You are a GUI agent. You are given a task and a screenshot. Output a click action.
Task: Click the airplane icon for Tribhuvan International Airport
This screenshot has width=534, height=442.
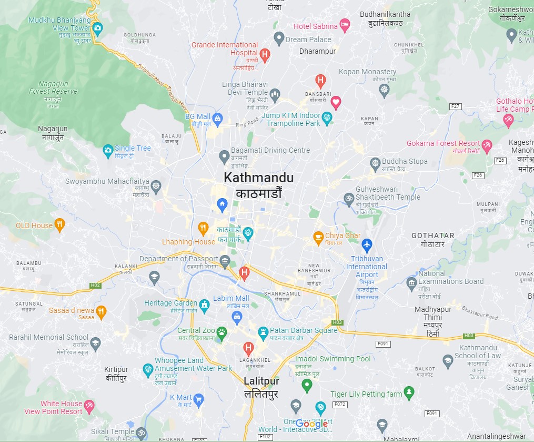[x=367, y=244]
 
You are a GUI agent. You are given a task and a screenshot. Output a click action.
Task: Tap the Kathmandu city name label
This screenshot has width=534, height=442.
[x=258, y=178]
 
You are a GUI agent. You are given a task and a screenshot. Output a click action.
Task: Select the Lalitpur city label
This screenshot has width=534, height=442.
[x=261, y=381]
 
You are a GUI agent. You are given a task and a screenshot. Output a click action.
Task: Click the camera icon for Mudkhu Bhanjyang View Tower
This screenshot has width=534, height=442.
[x=97, y=28]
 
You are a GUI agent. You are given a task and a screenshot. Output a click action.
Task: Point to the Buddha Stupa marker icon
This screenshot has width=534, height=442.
[x=375, y=162]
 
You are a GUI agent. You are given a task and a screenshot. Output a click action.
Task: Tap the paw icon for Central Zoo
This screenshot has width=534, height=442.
[x=222, y=332]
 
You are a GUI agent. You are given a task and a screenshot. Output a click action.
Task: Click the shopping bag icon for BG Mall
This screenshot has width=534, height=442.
[x=218, y=117]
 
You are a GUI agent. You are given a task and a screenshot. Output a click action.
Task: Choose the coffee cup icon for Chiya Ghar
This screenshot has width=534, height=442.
[x=318, y=237]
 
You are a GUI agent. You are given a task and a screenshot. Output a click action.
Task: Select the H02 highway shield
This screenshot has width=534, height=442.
[x=95, y=286]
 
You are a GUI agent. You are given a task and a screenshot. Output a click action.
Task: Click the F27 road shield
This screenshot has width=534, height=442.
[x=455, y=106]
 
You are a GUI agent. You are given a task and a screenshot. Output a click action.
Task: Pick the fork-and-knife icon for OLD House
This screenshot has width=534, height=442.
[x=60, y=225]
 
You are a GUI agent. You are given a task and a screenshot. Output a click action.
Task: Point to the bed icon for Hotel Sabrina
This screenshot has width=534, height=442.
[x=345, y=24]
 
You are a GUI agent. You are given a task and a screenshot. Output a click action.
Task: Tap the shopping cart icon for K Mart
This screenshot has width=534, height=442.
[x=198, y=399]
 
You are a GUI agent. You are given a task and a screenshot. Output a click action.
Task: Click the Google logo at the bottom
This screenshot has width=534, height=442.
[x=311, y=424]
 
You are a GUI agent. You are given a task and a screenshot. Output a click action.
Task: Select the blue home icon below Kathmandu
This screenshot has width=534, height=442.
[x=222, y=204]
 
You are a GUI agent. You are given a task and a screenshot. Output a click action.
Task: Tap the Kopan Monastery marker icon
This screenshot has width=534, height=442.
[x=385, y=89]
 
